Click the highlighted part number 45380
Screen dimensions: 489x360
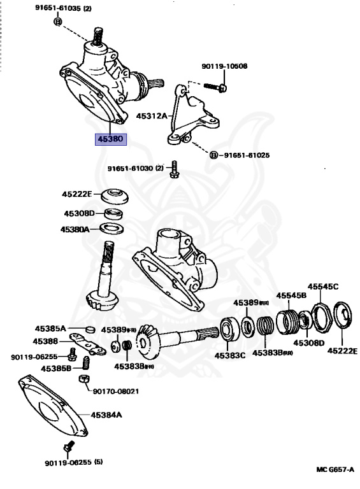[x=111, y=139]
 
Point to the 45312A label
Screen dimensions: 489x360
[x=151, y=116]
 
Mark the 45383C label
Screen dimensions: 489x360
[x=230, y=355]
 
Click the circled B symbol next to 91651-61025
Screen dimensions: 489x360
[x=213, y=155]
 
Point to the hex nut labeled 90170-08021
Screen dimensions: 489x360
[x=82, y=380]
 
